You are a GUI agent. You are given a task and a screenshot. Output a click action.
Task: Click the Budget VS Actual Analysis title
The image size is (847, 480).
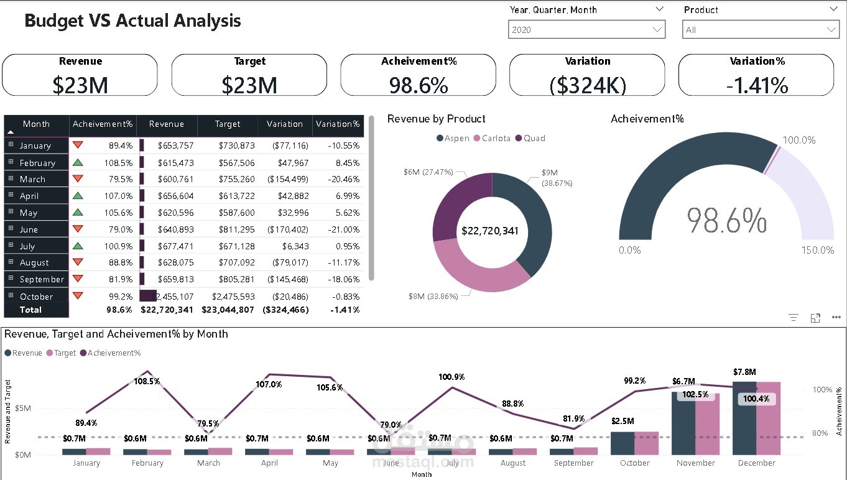[x=132, y=21]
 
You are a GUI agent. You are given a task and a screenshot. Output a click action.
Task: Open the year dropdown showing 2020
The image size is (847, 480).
[x=586, y=30]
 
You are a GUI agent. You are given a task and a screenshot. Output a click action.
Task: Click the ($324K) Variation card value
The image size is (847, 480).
[x=588, y=85]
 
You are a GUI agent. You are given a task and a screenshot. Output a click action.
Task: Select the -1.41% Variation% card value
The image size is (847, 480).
[x=757, y=85]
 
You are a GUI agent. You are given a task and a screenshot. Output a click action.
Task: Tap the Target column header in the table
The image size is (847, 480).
[x=228, y=124]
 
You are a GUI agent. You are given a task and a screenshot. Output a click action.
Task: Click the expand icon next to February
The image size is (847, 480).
[x=11, y=162]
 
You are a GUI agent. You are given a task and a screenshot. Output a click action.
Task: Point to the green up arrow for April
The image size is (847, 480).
[x=78, y=195]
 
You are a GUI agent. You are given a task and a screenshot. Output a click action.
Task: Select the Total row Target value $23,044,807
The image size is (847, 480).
[x=228, y=310]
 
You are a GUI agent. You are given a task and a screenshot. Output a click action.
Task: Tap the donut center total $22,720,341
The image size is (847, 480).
[x=490, y=231]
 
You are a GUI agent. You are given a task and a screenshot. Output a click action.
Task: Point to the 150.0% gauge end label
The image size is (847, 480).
[x=818, y=250]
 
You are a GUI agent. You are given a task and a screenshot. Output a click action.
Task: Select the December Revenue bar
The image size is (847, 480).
[x=744, y=418]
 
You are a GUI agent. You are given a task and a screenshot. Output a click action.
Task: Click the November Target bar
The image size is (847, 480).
[x=707, y=423]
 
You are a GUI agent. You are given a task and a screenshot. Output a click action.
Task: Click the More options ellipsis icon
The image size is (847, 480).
[x=836, y=317]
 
